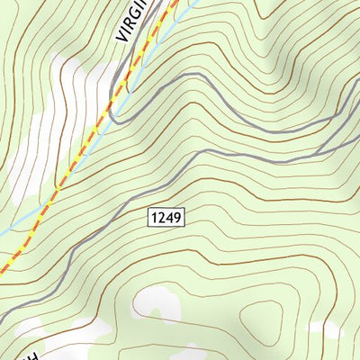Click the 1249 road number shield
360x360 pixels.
[166, 218]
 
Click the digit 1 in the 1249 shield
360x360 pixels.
[155, 218]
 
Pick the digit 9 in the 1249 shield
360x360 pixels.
[177, 218]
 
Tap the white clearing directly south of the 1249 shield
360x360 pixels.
[153, 306]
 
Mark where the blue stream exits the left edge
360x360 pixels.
[2, 231]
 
